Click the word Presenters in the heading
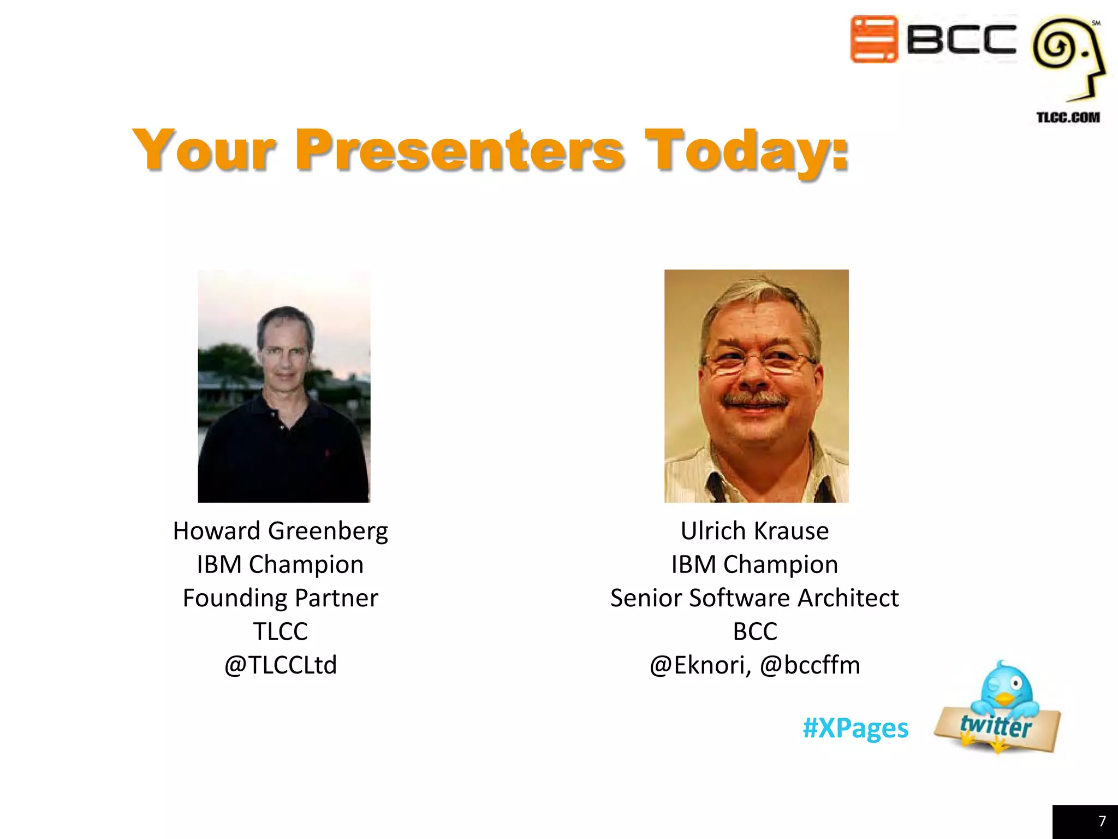pyautogui.click(x=460, y=149)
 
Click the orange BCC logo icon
pyautogui.click(x=874, y=39)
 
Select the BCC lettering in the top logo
pyautogui.click(x=961, y=39)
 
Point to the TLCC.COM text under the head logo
pyautogui.click(x=1068, y=117)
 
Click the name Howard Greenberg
pyautogui.click(x=280, y=531)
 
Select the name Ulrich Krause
pyautogui.click(x=754, y=531)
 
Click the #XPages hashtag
pyautogui.click(x=855, y=728)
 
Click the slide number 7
pyautogui.click(x=1102, y=821)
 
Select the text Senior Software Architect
pyautogui.click(x=754, y=598)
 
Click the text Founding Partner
pyautogui.click(x=280, y=598)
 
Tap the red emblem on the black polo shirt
pyautogui.click(x=328, y=453)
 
